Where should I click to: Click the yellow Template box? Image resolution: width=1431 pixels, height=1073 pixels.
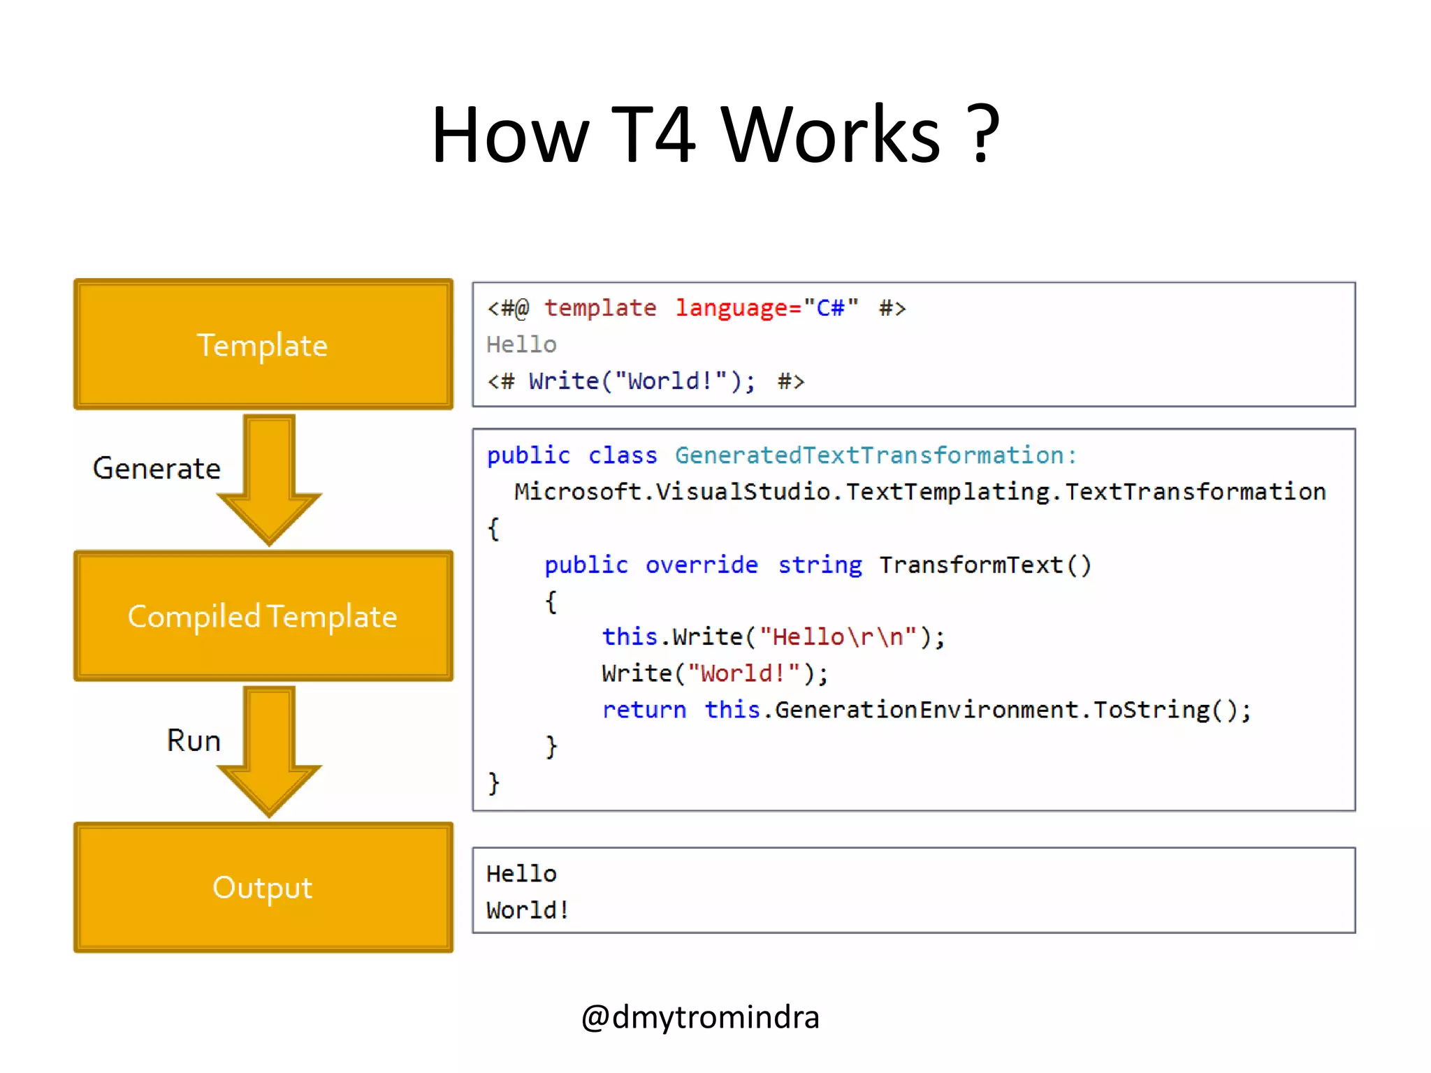(x=263, y=344)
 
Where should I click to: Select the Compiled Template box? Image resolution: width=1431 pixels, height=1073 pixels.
(x=263, y=615)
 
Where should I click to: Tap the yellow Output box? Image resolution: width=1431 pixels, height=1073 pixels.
(x=263, y=887)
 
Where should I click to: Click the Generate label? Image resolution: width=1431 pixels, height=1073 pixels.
(x=157, y=468)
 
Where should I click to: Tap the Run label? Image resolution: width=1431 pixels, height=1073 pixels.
(x=194, y=740)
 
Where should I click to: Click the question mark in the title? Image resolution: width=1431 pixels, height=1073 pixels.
(x=985, y=134)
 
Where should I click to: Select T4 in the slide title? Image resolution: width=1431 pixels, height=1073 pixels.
(x=654, y=134)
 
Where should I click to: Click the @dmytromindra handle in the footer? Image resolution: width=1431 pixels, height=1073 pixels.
(x=700, y=1017)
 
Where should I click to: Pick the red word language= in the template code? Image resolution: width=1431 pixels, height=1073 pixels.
(x=738, y=308)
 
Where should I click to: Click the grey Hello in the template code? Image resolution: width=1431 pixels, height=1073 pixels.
(x=521, y=344)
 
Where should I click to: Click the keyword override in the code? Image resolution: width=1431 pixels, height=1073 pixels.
(x=702, y=564)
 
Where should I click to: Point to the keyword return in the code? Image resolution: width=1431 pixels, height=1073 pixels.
(x=644, y=710)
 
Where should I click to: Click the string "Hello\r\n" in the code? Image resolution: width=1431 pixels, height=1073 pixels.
(x=838, y=637)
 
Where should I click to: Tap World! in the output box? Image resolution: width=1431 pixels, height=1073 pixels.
(x=528, y=910)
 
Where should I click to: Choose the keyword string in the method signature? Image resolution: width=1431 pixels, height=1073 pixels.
(x=820, y=564)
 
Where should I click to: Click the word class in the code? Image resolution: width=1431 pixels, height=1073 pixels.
(x=623, y=455)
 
